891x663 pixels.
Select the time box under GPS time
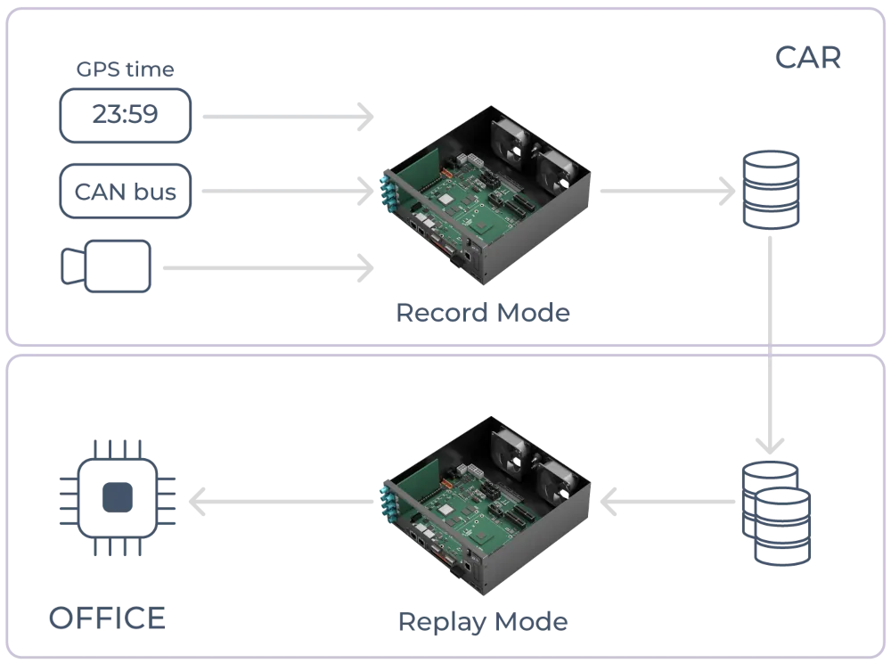coord(125,116)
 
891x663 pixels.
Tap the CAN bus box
coord(125,191)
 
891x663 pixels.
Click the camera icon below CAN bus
coord(108,266)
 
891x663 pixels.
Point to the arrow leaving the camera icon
coord(267,266)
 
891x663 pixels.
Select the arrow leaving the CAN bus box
coord(285,191)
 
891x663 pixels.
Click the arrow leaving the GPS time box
coord(285,117)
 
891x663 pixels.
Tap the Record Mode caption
coord(481,314)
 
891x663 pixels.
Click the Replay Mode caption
coord(484,621)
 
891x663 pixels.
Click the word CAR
coord(806,59)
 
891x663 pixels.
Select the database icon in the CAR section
coord(772,191)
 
